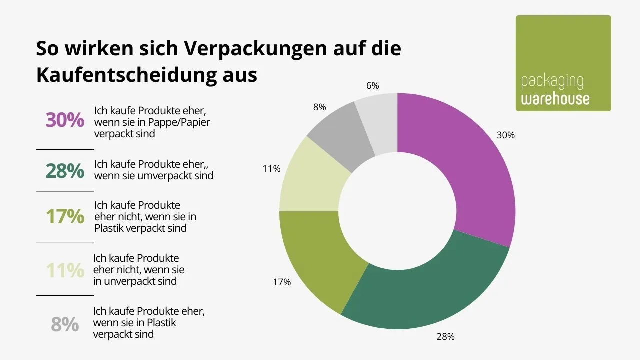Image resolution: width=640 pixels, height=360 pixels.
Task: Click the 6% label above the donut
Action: pos(373,86)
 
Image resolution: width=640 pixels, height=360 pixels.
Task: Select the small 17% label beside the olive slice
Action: pos(282,282)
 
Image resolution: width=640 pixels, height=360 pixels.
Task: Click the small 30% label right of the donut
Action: pos(505,135)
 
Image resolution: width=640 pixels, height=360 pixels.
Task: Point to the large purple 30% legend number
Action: pos(65,121)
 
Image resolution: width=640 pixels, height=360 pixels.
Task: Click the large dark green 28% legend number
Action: pos(65,171)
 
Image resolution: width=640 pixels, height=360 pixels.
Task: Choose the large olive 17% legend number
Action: pos(65,216)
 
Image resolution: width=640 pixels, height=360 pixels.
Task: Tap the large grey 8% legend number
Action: pos(65,324)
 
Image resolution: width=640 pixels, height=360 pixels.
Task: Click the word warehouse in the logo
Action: pos(555,98)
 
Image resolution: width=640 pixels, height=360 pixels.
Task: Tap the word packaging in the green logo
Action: pos(552,81)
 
